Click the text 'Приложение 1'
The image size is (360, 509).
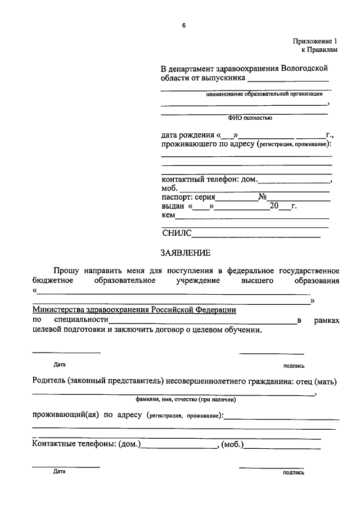click(316, 41)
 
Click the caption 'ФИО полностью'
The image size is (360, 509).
click(250, 118)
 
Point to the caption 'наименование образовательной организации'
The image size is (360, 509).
click(264, 94)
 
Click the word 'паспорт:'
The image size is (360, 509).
click(176, 197)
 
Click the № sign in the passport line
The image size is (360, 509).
click(262, 197)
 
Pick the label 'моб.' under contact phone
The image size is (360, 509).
click(169, 188)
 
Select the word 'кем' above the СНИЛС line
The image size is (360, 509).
click(168, 215)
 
